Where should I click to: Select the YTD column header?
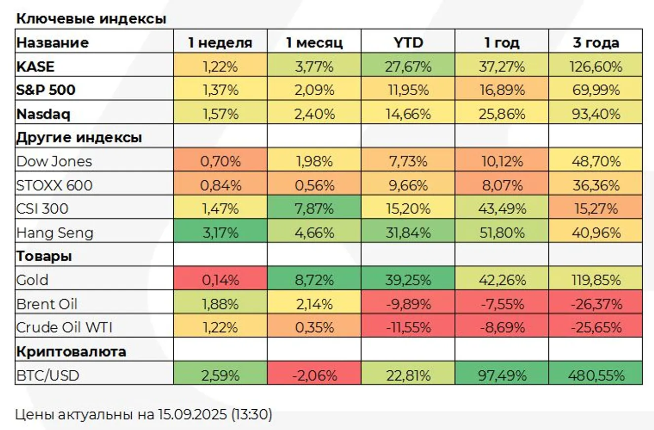tap(408, 42)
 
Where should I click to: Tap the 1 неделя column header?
tap(220, 42)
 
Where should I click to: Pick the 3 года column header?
tap(596, 42)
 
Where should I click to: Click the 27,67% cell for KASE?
tap(408, 66)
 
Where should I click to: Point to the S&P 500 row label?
tap(46, 90)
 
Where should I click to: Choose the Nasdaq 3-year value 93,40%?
tap(596, 114)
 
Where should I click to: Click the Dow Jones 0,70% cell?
tap(220, 161)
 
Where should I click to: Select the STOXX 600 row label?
tap(54, 185)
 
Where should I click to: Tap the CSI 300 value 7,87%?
tap(314, 209)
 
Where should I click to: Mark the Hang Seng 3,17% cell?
tap(220, 233)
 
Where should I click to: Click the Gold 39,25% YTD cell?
tap(408, 280)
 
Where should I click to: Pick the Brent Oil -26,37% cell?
tap(596, 304)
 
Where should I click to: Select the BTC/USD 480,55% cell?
tap(596, 376)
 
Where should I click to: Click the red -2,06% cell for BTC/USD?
tap(314, 376)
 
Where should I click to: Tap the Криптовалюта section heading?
tap(71, 352)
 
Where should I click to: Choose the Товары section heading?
tap(44, 257)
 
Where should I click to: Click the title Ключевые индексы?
tap(91, 19)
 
